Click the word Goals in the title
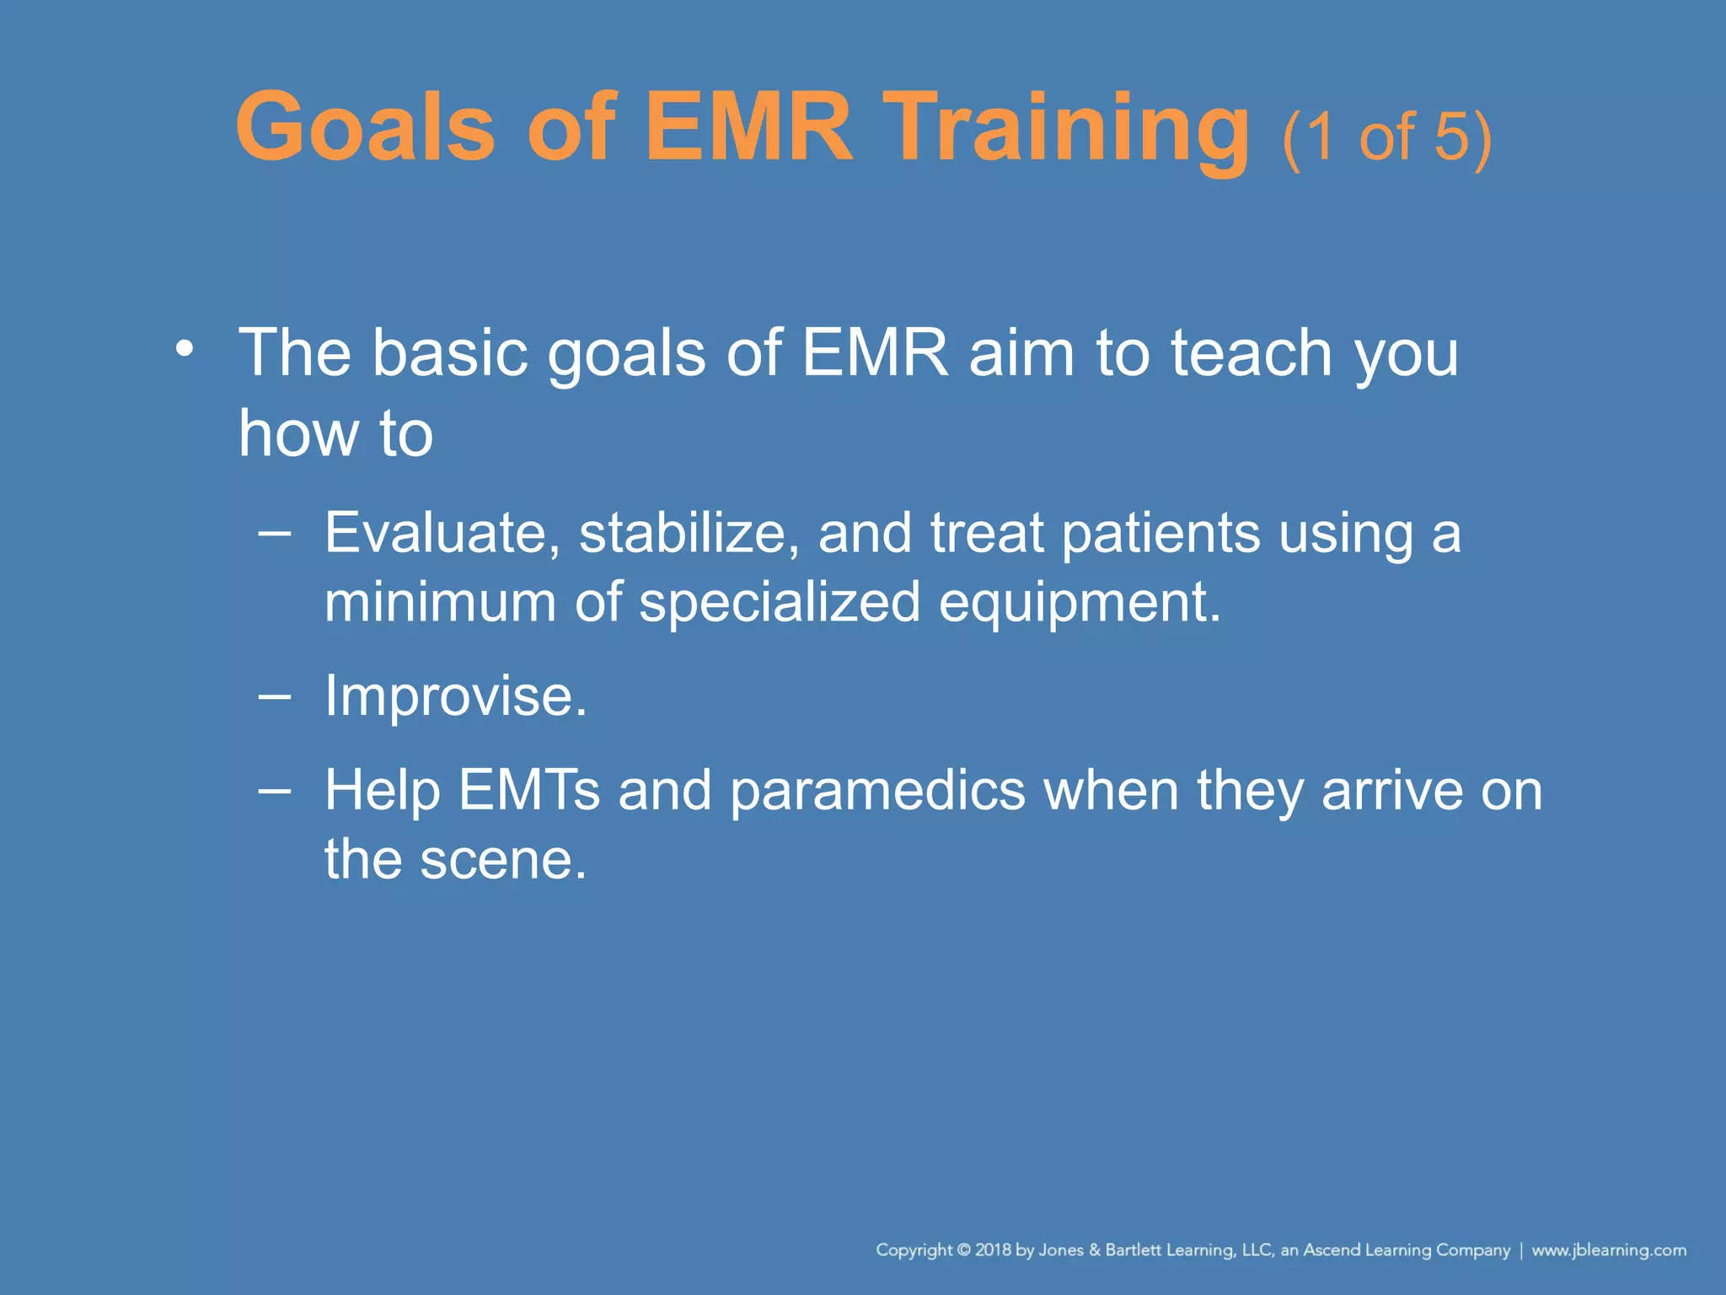tap(365, 128)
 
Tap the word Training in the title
tap(1069, 128)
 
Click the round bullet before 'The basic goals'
tap(185, 348)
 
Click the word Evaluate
tap(442, 534)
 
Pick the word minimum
tap(440, 603)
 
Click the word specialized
tap(780, 603)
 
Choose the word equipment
tap(1079, 603)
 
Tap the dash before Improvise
tap(275, 696)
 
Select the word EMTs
tap(529, 791)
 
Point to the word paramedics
tap(877, 791)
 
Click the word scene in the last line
tap(503, 860)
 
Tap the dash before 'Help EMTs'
tap(275, 791)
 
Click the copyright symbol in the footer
tap(964, 1250)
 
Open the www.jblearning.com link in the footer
tap(1609, 1250)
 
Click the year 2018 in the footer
tap(993, 1250)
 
